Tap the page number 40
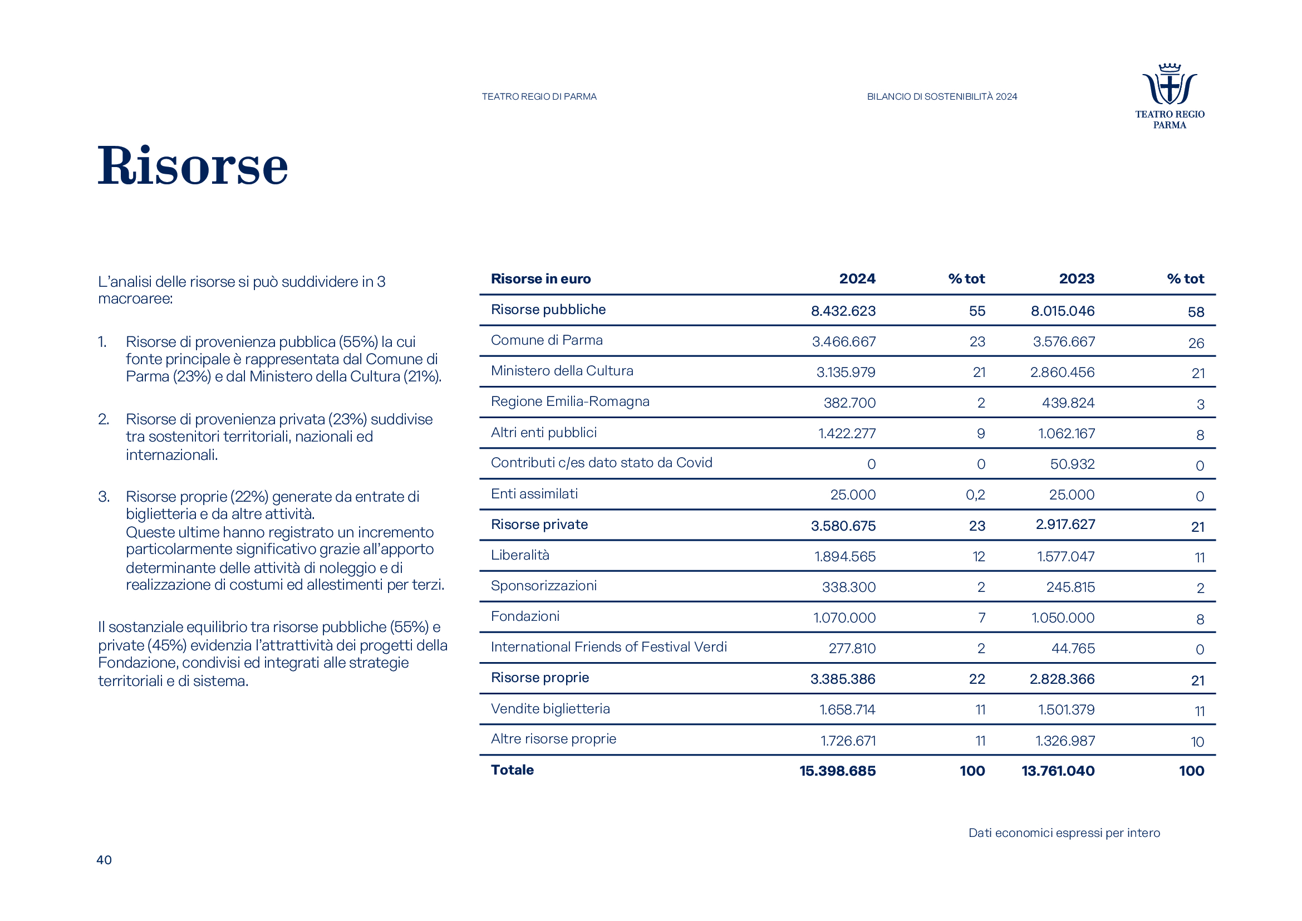click(x=104, y=860)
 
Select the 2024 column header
click(x=857, y=279)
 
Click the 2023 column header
click(x=1077, y=279)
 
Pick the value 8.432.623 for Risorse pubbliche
click(x=843, y=311)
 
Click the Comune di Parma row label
click(x=547, y=340)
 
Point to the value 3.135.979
click(x=846, y=373)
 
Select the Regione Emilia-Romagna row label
click(x=570, y=401)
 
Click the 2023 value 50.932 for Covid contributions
click(x=1072, y=464)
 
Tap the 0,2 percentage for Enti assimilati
click(x=975, y=495)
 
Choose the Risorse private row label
click(x=539, y=525)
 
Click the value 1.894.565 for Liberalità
click(x=845, y=557)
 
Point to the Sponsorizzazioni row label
click(x=544, y=586)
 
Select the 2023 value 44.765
click(x=1073, y=649)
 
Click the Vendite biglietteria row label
click(x=550, y=709)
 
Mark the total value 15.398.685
click(x=838, y=771)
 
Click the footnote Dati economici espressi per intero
click(x=1064, y=833)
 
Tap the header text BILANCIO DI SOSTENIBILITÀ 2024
click(x=942, y=97)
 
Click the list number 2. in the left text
click(x=104, y=420)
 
